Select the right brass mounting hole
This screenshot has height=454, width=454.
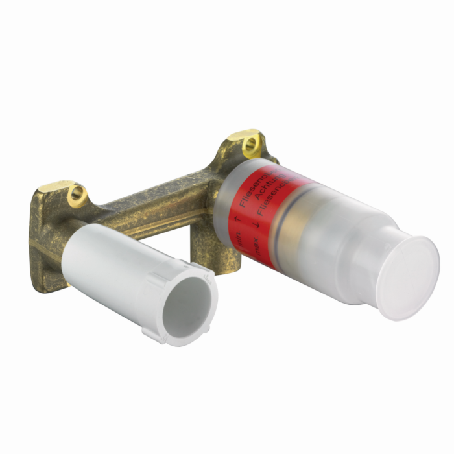pos(248,147)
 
